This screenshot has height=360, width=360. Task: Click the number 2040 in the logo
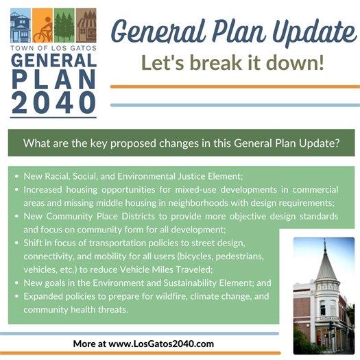(x=54, y=101)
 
